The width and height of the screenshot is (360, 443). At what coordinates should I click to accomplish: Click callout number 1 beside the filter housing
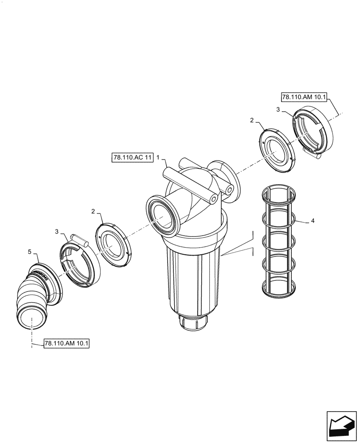(158, 157)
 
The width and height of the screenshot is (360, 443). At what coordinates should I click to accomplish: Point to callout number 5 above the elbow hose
(30, 252)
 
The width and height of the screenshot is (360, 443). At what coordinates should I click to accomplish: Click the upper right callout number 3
(278, 109)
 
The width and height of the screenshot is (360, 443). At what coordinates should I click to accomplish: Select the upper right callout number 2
(252, 120)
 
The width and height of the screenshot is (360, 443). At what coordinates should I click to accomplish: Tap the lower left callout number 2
(93, 212)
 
